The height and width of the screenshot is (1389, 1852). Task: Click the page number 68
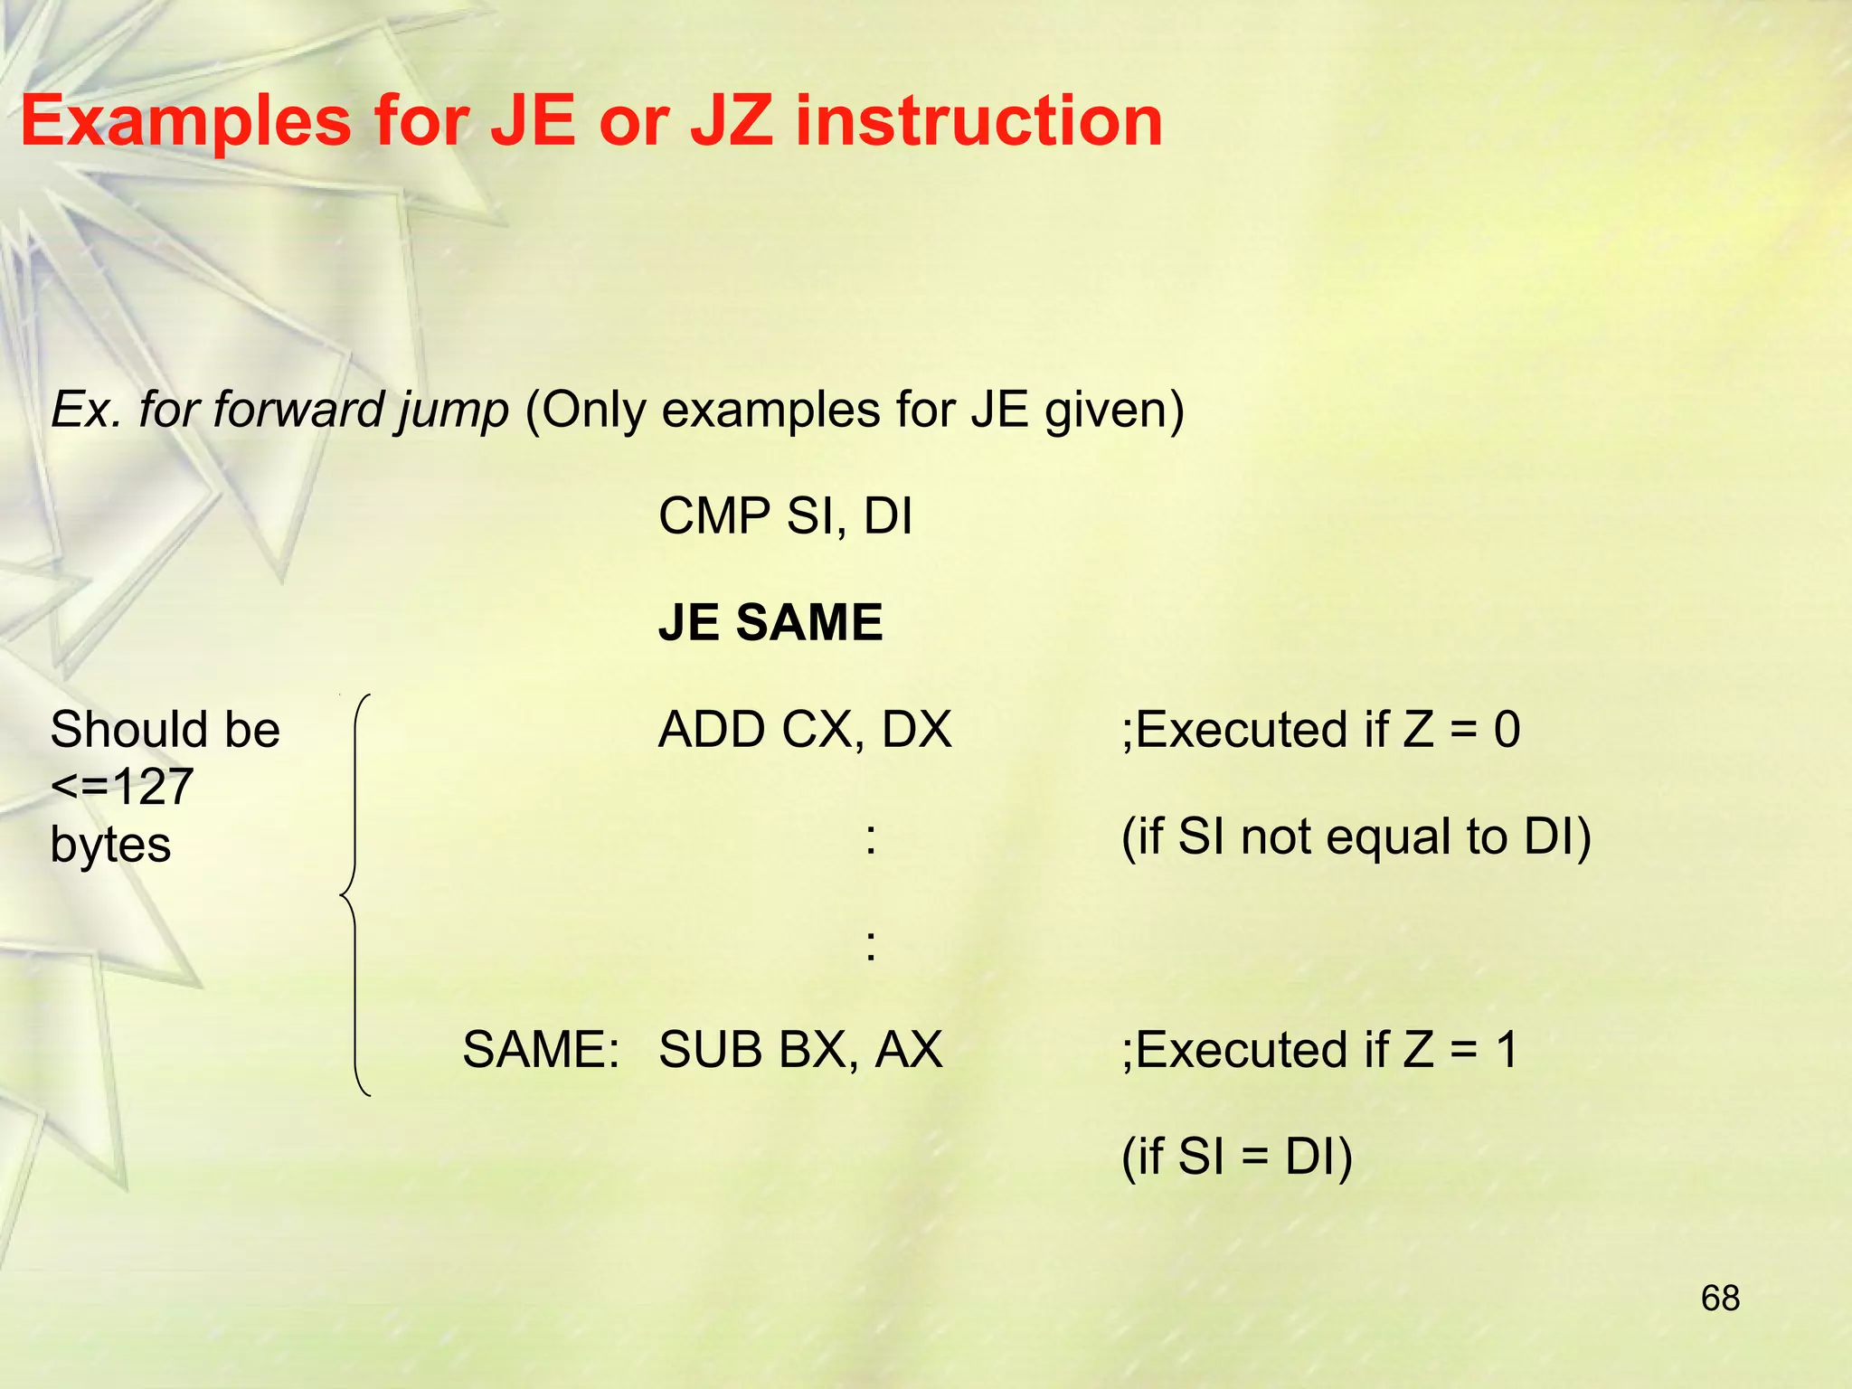click(1720, 1298)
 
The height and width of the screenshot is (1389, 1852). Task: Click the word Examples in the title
click(185, 122)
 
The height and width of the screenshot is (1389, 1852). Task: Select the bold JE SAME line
click(770, 622)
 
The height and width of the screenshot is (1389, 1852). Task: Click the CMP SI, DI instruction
click(785, 516)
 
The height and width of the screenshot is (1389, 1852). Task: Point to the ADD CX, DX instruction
click(805, 730)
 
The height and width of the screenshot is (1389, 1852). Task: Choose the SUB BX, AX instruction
click(800, 1050)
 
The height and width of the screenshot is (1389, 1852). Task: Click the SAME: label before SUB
click(541, 1050)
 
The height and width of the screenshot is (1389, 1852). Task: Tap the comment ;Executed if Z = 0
click(1320, 730)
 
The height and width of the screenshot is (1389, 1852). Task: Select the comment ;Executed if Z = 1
click(1319, 1050)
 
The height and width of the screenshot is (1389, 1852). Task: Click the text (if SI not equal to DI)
click(1356, 836)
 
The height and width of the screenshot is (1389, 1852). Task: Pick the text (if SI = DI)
click(1236, 1157)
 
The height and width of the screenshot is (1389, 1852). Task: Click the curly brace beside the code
click(355, 895)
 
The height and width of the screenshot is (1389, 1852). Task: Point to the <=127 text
click(122, 787)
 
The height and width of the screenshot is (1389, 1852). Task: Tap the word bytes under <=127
click(110, 845)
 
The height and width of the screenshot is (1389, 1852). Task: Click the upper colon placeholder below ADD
click(870, 838)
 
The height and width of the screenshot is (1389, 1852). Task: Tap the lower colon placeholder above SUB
click(870, 945)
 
